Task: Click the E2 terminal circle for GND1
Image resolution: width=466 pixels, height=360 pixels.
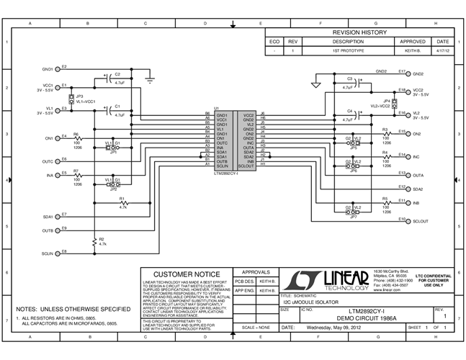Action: click(x=58, y=70)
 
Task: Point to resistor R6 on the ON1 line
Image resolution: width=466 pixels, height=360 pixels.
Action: click(x=76, y=138)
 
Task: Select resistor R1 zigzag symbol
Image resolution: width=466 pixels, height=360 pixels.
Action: click(x=122, y=203)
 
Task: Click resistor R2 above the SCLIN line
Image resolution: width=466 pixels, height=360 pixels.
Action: click(x=94, y=241)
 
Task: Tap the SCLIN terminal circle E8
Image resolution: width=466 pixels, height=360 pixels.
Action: click(x=58, y=253)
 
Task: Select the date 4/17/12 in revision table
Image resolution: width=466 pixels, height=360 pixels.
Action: click(x=442, y=51)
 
